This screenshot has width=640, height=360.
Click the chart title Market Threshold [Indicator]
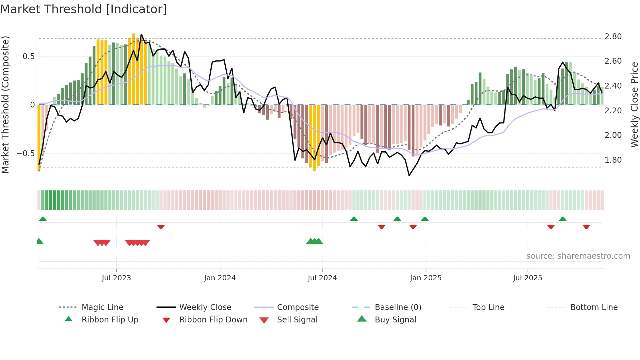[84, 9]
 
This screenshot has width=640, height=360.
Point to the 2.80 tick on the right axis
[613, 37]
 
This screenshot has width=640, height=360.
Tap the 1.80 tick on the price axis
[613, 160]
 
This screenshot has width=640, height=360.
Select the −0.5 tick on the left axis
[26, 154]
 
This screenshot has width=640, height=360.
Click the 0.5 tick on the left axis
[28, 57]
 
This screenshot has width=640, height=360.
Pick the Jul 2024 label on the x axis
[322, 278]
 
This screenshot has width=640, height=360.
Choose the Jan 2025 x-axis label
[425, 278]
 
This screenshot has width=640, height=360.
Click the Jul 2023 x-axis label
[116, 278]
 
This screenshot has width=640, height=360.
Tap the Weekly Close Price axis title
[634, 105]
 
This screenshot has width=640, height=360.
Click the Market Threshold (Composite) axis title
[5, 105]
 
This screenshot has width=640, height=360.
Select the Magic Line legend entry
[102, 307]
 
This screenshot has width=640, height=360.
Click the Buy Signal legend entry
[395, 320]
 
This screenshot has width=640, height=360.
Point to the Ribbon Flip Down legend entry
[213, 320]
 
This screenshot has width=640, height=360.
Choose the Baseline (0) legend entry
[398, 307]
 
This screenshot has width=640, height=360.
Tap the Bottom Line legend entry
[594, 307]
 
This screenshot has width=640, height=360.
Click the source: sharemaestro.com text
[578, 256]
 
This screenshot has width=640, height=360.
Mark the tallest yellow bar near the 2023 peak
[133, 69]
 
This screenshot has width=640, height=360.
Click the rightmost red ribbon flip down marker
[586, 227]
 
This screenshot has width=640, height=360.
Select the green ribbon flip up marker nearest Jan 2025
[425, 219]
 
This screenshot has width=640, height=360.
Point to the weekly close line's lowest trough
[409, 175]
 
